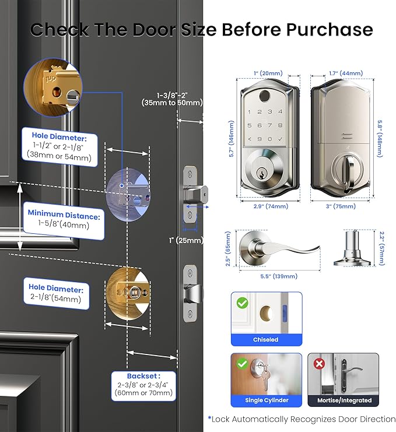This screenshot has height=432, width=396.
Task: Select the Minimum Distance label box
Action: tap(64, 219)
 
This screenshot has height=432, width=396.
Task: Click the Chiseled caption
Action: tap(266, 339)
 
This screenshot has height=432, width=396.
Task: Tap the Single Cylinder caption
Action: tap(266, 401)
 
